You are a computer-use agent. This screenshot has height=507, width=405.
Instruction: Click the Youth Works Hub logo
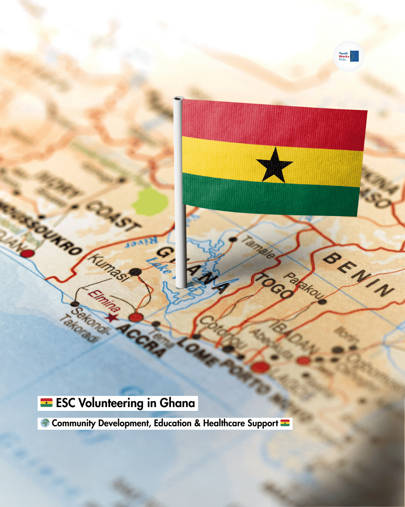click(349, 56)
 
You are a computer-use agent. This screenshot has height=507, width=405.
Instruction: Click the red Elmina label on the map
click(104, 301)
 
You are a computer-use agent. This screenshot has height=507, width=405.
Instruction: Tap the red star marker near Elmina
click(111, 318)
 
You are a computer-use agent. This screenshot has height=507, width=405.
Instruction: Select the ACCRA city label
click(141, 340)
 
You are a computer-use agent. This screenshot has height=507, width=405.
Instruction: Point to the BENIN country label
click(358, 274)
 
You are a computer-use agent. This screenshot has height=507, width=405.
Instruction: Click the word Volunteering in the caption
click(111, 403)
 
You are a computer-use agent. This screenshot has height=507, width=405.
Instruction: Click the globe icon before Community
click(45, 423)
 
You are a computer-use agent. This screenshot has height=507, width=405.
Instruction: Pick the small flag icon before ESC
click(46, 403)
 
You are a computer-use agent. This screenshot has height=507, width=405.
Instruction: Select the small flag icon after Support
click(285, 423)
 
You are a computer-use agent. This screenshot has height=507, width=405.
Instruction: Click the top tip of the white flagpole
click(178, 99)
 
